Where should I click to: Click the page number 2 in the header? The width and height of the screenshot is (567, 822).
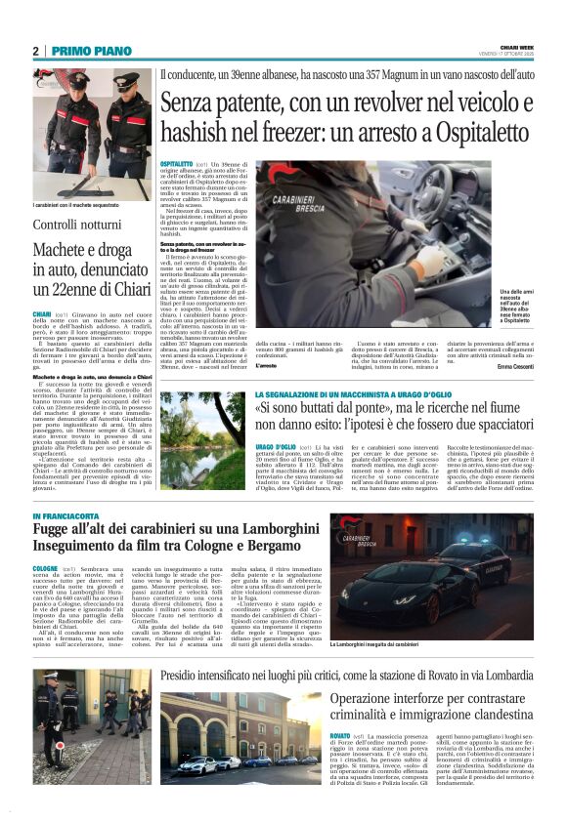(x=35, y=52)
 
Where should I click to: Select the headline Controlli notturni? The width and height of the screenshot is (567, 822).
(x=75, y=226)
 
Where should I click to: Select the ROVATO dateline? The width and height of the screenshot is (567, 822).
(x=340, y=733)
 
